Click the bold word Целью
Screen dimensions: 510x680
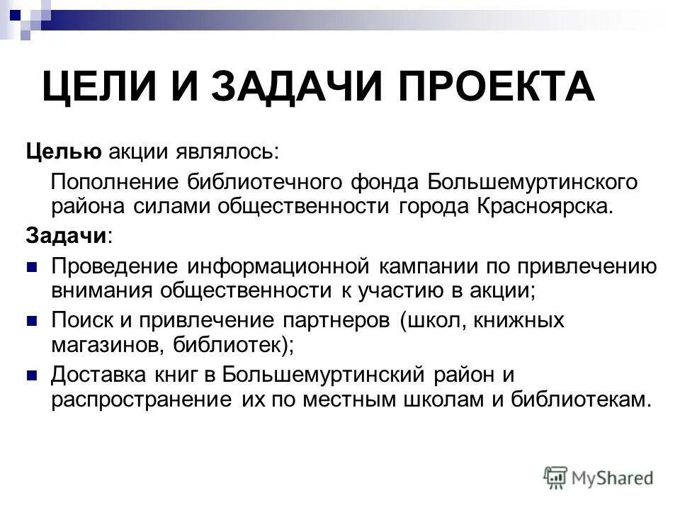(x=65, y=150)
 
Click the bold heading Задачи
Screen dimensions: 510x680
(x=68, y=236)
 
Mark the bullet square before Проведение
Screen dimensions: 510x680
(x=31, y=267)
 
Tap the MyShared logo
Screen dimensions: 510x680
(x=599, y=477)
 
